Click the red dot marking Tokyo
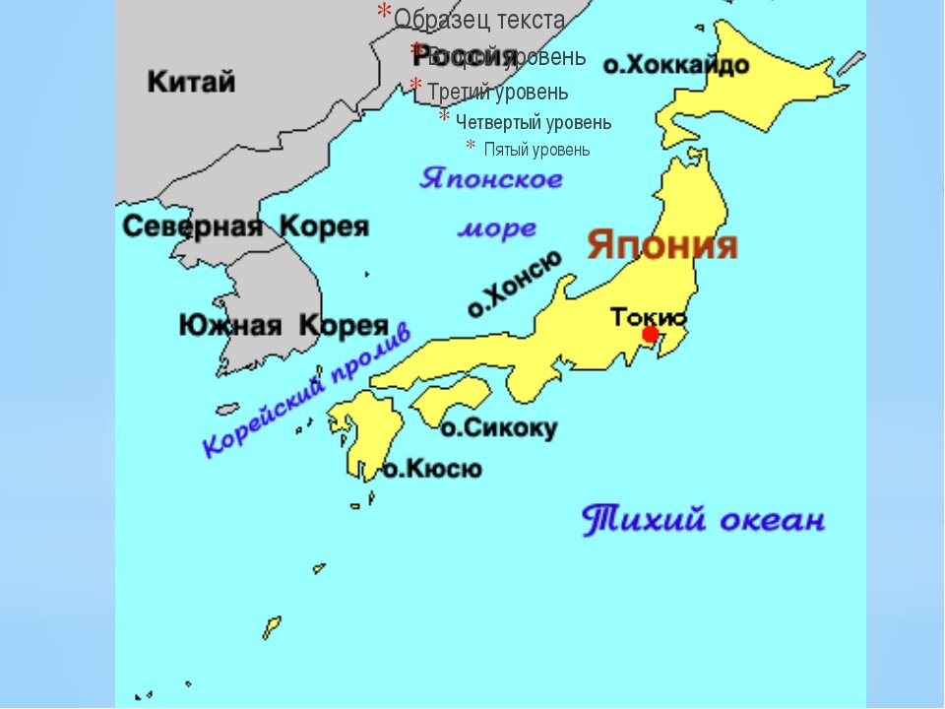pos(650,335)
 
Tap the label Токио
pos(648,316)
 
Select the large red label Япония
pos(662,245)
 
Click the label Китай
pos(192,81)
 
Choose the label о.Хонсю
pos(515,284)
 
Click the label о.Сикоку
pos(498,428)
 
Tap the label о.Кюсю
pos(432,469)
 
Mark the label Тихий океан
pos(703,519)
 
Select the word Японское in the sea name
pos(491,179)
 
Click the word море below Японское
pos(497,229)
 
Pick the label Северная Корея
pos(245,227)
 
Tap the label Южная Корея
pos(283,325)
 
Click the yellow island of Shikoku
pos(450,398)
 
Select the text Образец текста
pos(479,19)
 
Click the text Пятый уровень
pos(536,150)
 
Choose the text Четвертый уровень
pos(533,122)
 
